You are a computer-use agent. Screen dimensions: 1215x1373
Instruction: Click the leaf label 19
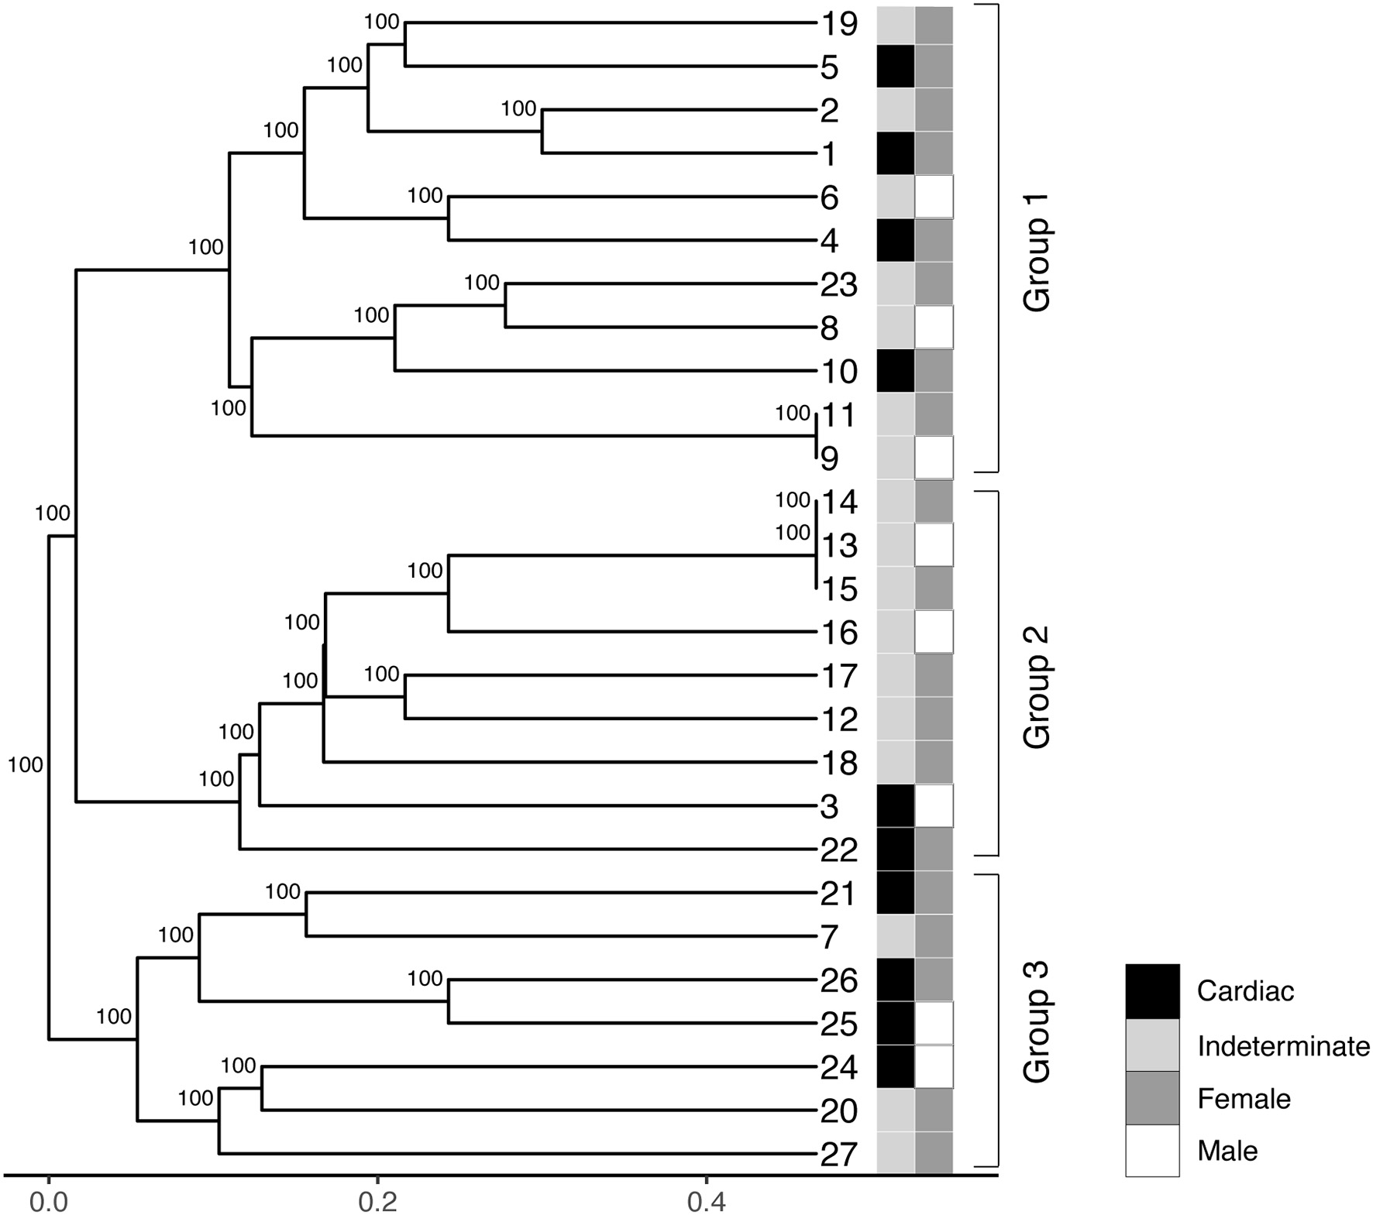coord(838,24)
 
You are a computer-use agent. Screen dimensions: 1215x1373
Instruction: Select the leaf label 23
coord(838,285)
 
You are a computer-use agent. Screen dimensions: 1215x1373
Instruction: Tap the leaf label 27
coord(838,1155)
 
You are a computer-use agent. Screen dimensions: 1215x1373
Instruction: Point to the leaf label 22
coord(838,850)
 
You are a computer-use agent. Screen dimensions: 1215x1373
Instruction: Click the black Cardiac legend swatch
coord(1152,990)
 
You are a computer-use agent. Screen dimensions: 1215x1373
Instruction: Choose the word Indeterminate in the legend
coord(1283,1046)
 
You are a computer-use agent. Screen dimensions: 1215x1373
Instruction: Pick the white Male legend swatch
coord(1152,1151)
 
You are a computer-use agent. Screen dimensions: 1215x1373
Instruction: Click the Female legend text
coord(1244,1099)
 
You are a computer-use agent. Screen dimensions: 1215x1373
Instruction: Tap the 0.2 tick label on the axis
coord(377,1203)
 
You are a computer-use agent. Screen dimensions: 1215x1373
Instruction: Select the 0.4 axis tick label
coord(705,1203)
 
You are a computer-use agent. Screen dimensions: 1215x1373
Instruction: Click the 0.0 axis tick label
coord(48,1203)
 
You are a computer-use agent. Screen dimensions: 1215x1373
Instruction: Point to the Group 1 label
coord(1037,263)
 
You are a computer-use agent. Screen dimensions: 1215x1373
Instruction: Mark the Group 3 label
coord(1037,1021)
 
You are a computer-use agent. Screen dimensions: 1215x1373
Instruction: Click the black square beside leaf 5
coord(896,67)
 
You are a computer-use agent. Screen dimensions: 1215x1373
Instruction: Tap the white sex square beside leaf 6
coord(934,197)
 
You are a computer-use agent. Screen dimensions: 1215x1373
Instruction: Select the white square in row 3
coord(934,806)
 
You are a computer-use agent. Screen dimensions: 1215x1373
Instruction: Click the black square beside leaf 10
coord(896,371)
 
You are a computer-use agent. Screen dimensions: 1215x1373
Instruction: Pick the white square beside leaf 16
coord(934,632)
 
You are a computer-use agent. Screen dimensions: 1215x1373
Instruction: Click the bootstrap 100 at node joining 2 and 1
coord(518,108)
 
